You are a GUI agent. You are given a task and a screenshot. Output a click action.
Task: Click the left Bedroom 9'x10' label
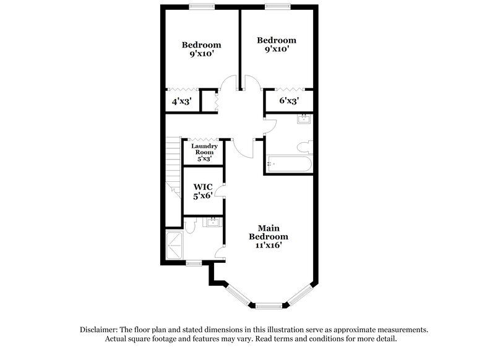[201, 49]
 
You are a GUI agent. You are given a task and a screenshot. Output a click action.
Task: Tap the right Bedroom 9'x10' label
[277, 45]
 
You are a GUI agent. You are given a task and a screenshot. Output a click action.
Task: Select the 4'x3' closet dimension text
[181, 100]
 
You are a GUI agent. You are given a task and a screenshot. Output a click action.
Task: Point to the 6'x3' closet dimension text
[289, 100]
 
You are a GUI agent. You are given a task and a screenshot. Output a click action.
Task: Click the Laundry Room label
[204, 152]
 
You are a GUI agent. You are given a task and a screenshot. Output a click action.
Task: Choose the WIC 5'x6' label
[203, 190]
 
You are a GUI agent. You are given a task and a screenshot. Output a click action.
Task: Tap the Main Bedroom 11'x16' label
[269, 236]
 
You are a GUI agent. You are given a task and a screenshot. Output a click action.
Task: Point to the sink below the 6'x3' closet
[304, 119]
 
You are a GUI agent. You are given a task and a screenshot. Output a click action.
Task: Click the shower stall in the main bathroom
[174, 245]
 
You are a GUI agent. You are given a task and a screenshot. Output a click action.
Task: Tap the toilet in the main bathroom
[191, 226]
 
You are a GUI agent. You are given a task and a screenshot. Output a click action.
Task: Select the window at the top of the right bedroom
[277, 7]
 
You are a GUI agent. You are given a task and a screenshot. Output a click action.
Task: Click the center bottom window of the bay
[269, 305]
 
